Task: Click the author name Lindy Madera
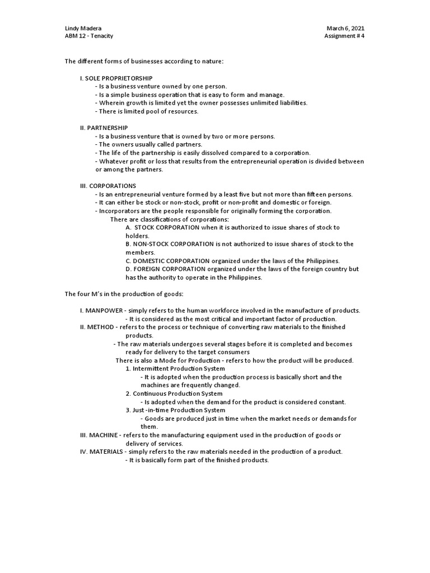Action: [83, 29]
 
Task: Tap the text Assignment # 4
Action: [344, 36]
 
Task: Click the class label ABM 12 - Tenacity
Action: [89, 36]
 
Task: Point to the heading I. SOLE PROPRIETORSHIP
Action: [116, 78]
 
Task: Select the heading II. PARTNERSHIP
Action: [104, 128]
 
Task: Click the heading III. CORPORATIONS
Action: [108, 186]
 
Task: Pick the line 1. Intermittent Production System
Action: [175, 369]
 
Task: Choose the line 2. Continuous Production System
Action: [174, 393]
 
